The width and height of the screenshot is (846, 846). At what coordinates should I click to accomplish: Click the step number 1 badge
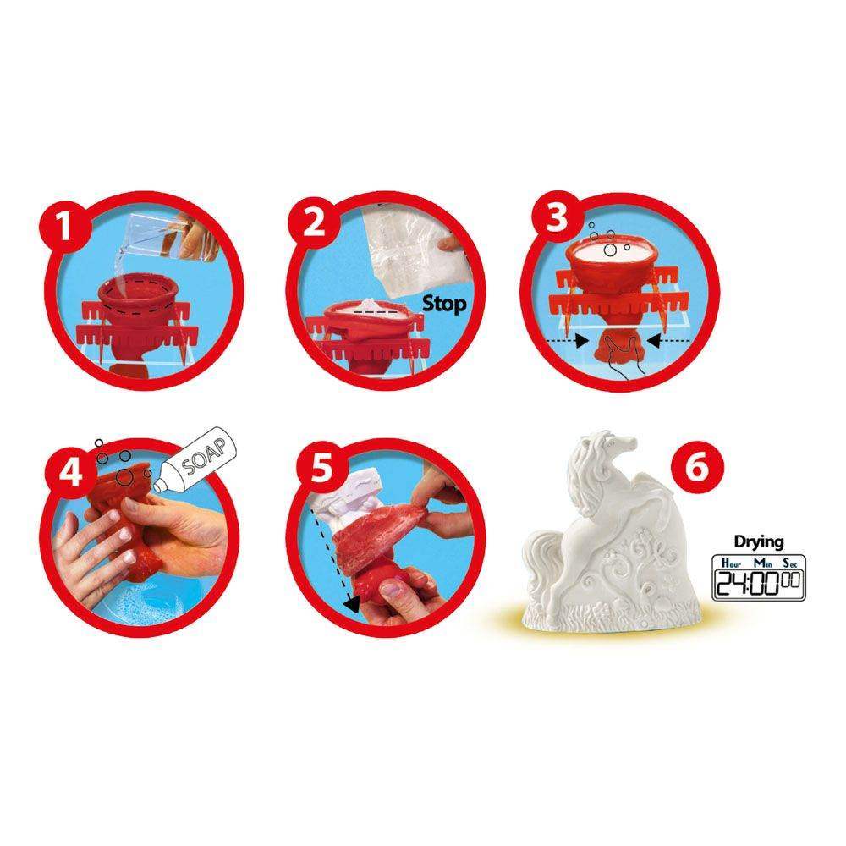pos(64,224)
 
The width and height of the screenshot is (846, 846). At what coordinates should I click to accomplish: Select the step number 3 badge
pos(557,218)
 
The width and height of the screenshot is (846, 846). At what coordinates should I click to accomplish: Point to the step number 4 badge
pos(71,471)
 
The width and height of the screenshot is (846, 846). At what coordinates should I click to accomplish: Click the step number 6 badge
pos(697,467)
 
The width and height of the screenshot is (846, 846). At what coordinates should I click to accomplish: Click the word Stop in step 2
pos(444,305)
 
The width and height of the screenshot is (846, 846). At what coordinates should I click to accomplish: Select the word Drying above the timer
pos(759,541)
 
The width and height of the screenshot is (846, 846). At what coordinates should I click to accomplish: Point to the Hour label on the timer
pos(731,563)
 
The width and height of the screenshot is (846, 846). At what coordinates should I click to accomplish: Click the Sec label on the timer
pos(790,563)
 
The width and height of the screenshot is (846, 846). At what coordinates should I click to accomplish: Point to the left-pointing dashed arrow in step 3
pos(668,340)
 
